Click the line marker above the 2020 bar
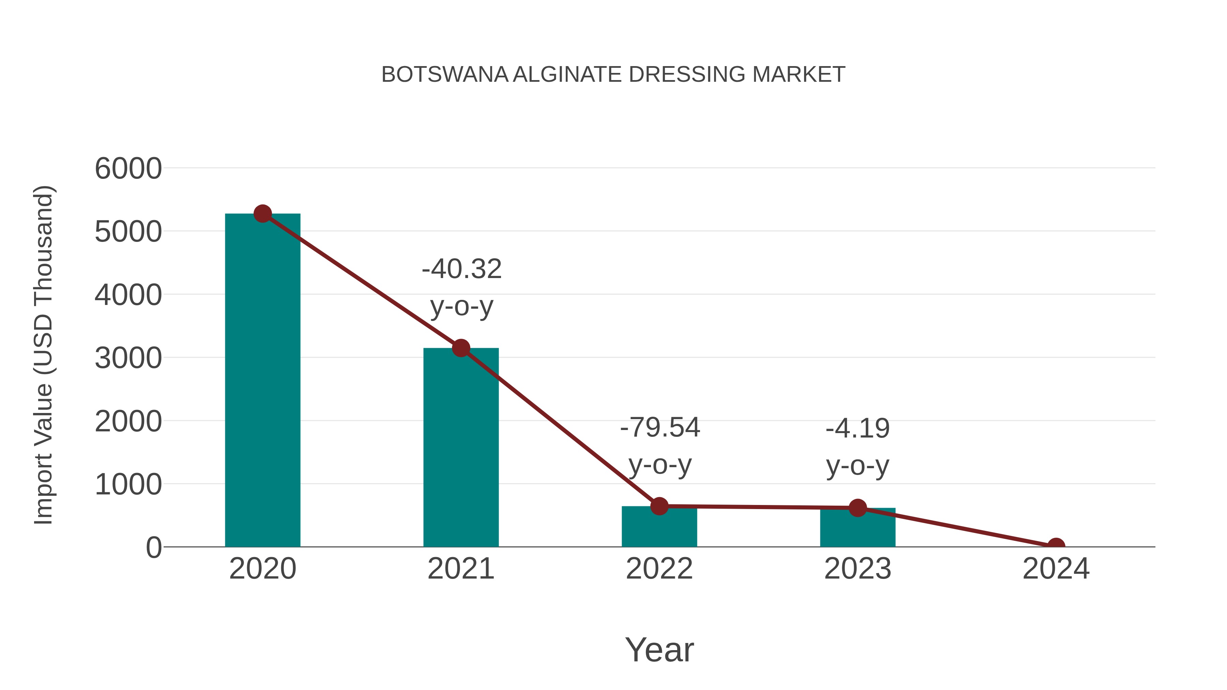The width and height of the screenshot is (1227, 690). [x=262, y=214]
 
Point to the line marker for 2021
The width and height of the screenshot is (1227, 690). [x=460, y=348]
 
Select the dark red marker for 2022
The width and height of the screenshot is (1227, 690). [x=659, y=506]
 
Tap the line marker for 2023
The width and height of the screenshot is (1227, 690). [x=858, y=508]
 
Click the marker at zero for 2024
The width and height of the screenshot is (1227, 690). [x=1056, y=546]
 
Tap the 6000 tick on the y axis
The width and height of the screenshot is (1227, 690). [x=128, y=169]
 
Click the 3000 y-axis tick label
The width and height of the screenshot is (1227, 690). [x=128, y=358]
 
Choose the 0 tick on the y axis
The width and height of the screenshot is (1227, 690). [x=153, y=548]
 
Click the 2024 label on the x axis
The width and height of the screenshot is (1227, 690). [x=1056, y=569]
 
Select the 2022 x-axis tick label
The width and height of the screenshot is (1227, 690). [x=659, y=569]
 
